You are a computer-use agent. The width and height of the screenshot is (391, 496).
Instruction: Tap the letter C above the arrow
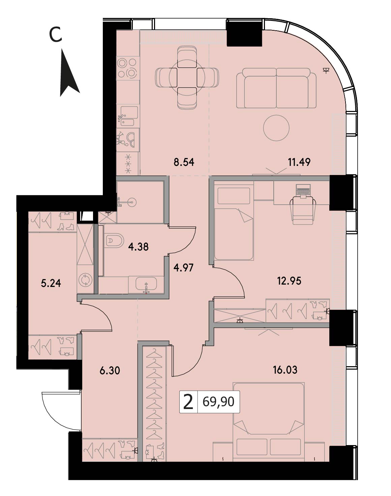(x=56, y=35)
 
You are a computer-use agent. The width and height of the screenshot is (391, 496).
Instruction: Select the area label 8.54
(x=184, y=162)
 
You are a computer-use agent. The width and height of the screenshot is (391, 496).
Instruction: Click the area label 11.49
(x=299, y=162)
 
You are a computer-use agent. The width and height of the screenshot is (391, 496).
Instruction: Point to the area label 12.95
(x=289, y=281)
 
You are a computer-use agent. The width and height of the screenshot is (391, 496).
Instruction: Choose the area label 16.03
(x=285, y=370)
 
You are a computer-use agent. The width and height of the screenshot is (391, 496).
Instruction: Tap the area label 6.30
(x=110, y=371)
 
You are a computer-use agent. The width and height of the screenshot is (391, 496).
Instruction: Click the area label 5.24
(x=51, y=283)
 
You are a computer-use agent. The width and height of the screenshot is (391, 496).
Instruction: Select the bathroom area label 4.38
(x=138, y=247)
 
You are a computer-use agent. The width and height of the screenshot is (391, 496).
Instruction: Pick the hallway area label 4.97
(x=183, y=268)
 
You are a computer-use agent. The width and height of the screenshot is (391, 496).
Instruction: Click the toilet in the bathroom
(x=114, y=241)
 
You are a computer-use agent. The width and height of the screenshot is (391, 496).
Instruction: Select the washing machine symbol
(x=85, y=280)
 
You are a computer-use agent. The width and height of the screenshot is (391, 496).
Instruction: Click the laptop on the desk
(x=303, y=191)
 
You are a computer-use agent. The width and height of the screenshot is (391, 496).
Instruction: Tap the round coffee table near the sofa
(x=276, y=128)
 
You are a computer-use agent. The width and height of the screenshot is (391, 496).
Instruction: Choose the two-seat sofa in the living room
(x=276, y=88)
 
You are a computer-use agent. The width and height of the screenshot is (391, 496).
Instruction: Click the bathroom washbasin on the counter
(x=146, y=284)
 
